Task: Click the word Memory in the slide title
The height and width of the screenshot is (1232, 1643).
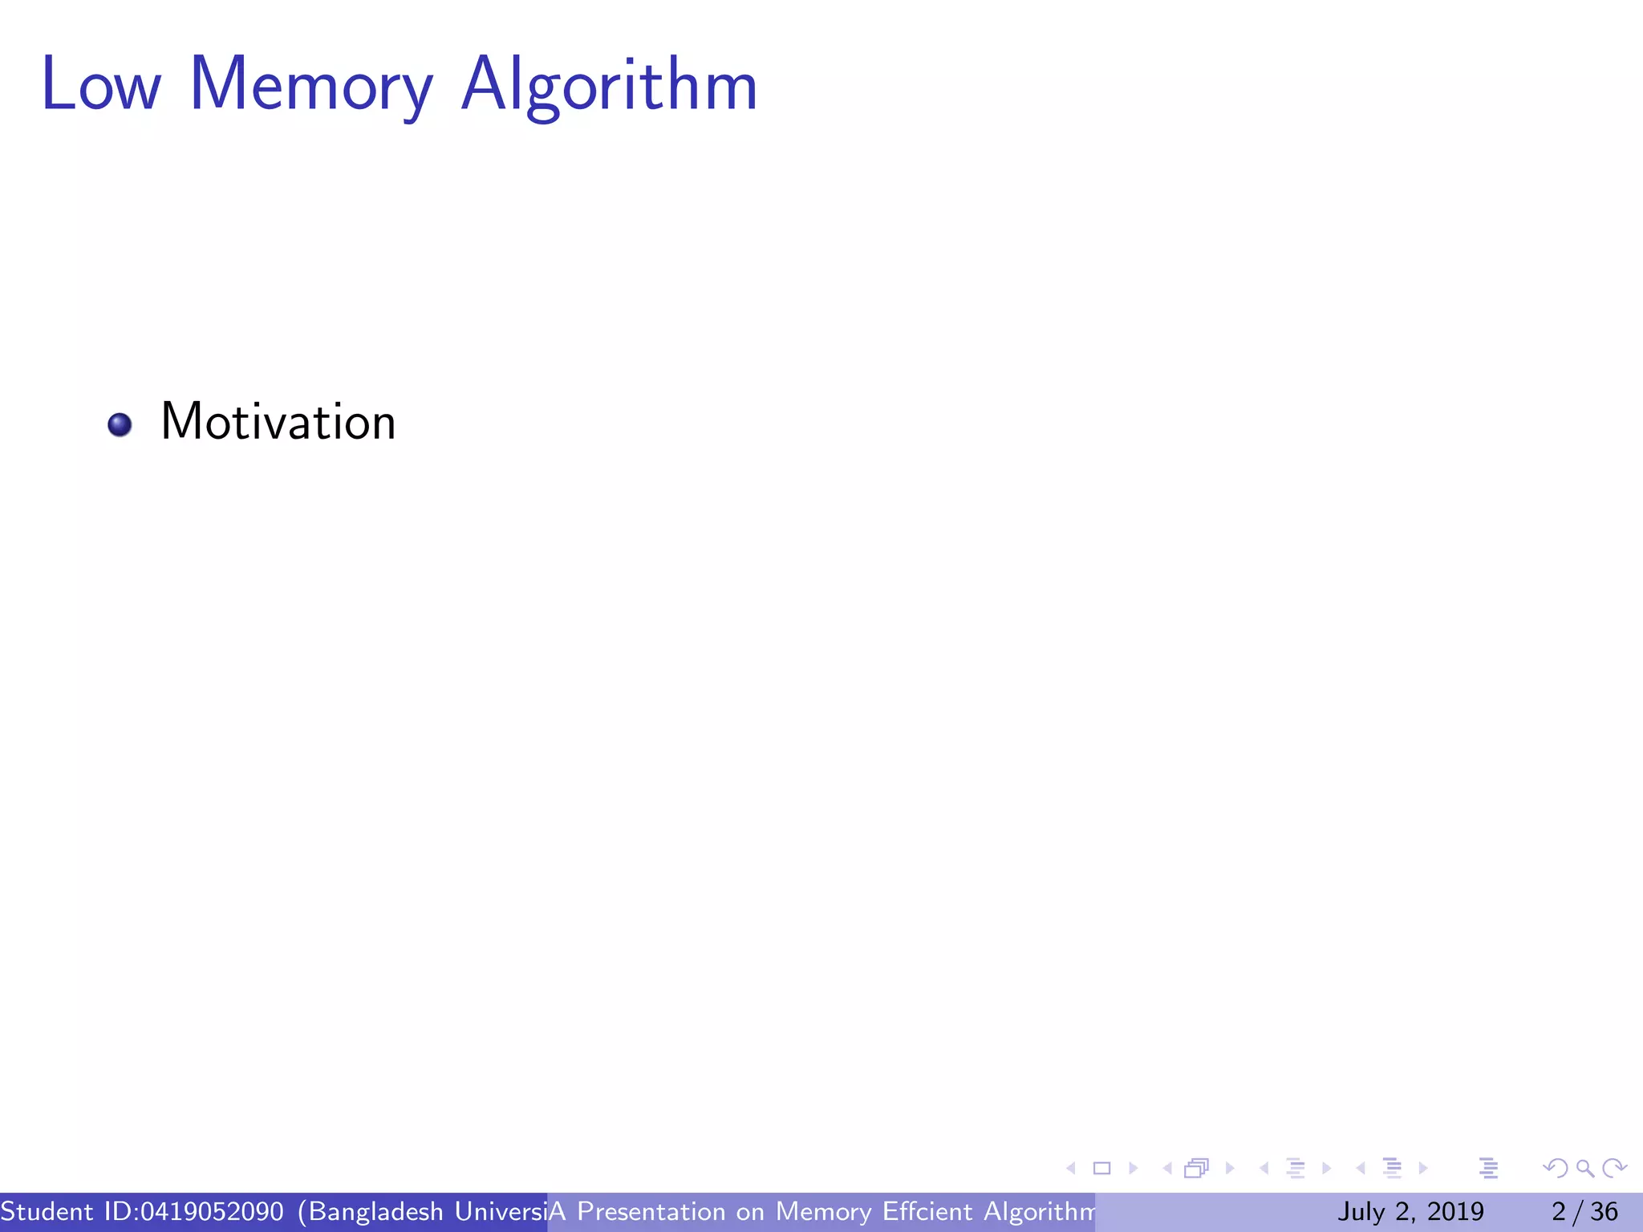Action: [311, 85]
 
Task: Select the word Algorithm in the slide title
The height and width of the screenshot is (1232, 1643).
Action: [609, 85]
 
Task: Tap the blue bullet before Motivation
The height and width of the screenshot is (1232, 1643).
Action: [120, 424]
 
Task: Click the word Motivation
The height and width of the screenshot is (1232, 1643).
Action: [278, 422]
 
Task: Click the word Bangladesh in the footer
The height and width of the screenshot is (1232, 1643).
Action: [375, 1211]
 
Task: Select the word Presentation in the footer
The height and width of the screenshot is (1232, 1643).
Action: [651, 1211]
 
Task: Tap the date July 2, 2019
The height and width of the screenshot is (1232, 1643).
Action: [1410, 1211]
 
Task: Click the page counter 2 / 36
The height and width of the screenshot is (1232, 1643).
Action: [1584, 1211]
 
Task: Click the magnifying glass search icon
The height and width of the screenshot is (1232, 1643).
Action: [1584, 1169]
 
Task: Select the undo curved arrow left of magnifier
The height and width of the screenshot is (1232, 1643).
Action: [1556, 1169]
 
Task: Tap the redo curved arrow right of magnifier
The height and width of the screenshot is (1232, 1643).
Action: [1614, 1169]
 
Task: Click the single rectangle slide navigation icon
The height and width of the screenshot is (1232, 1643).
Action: [1102, 1169]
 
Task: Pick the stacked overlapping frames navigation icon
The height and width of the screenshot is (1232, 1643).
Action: [1196, 1169]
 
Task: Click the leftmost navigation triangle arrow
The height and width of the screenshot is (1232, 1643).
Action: [1071, 1169]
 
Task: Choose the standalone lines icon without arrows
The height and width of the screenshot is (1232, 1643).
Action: [1488, 1169]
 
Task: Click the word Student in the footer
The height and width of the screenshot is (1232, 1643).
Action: [47, 1211]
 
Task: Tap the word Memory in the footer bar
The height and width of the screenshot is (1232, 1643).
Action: [823, 1211]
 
